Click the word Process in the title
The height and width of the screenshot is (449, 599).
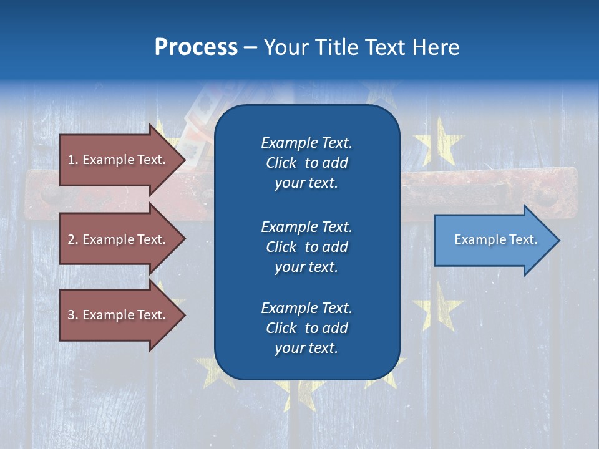[196, 47]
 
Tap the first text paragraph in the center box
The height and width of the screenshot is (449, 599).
[306, 163]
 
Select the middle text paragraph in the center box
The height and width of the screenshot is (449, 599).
[306, 247]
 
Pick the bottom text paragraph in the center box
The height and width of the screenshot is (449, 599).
[306, 328]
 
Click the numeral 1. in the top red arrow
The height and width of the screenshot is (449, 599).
[73, 160]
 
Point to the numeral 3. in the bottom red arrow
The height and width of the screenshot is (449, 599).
[73, 315]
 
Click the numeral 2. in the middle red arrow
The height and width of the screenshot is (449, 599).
[73, 239]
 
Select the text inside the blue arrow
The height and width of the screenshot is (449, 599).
[495, 239]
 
